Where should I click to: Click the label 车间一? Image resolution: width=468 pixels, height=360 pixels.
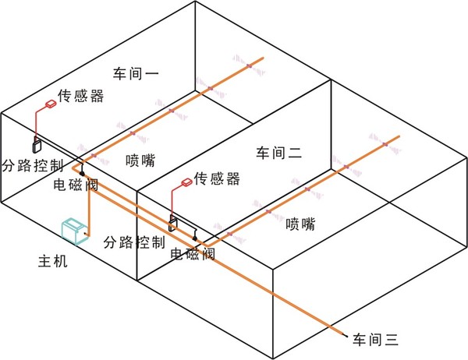click(136, 73)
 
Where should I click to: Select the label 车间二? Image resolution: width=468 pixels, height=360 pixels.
click(278, 153)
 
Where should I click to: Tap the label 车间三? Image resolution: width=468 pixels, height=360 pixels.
click(375, 340)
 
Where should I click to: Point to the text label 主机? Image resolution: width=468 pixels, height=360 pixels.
click(53, 261)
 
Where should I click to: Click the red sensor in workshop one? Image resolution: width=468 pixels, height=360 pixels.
click(51, 104)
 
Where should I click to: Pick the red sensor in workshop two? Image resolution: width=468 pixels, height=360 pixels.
click(187, 182)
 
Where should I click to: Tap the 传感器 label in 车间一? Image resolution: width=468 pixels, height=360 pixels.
click(80, 96)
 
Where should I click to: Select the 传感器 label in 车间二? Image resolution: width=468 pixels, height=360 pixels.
click(217, 178)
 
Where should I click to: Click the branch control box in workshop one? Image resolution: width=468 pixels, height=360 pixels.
click(37, 146)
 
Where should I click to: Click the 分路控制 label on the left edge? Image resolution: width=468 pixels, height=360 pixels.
click(33, 165)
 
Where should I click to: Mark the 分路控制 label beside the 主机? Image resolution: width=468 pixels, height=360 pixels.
click(134, 242)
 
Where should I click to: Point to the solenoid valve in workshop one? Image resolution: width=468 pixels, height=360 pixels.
click(82, 173)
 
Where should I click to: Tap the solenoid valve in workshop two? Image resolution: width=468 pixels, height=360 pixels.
click(194, 238)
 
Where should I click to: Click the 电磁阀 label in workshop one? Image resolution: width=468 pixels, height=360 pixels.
click(76, 185)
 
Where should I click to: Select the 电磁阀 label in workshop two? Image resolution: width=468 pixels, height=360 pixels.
click(193, 254)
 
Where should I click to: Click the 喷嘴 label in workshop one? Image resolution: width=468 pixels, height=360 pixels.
click(140, 161)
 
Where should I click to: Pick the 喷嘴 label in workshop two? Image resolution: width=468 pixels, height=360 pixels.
click(300, 224)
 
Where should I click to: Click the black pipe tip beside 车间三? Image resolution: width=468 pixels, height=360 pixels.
click(346, 336)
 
